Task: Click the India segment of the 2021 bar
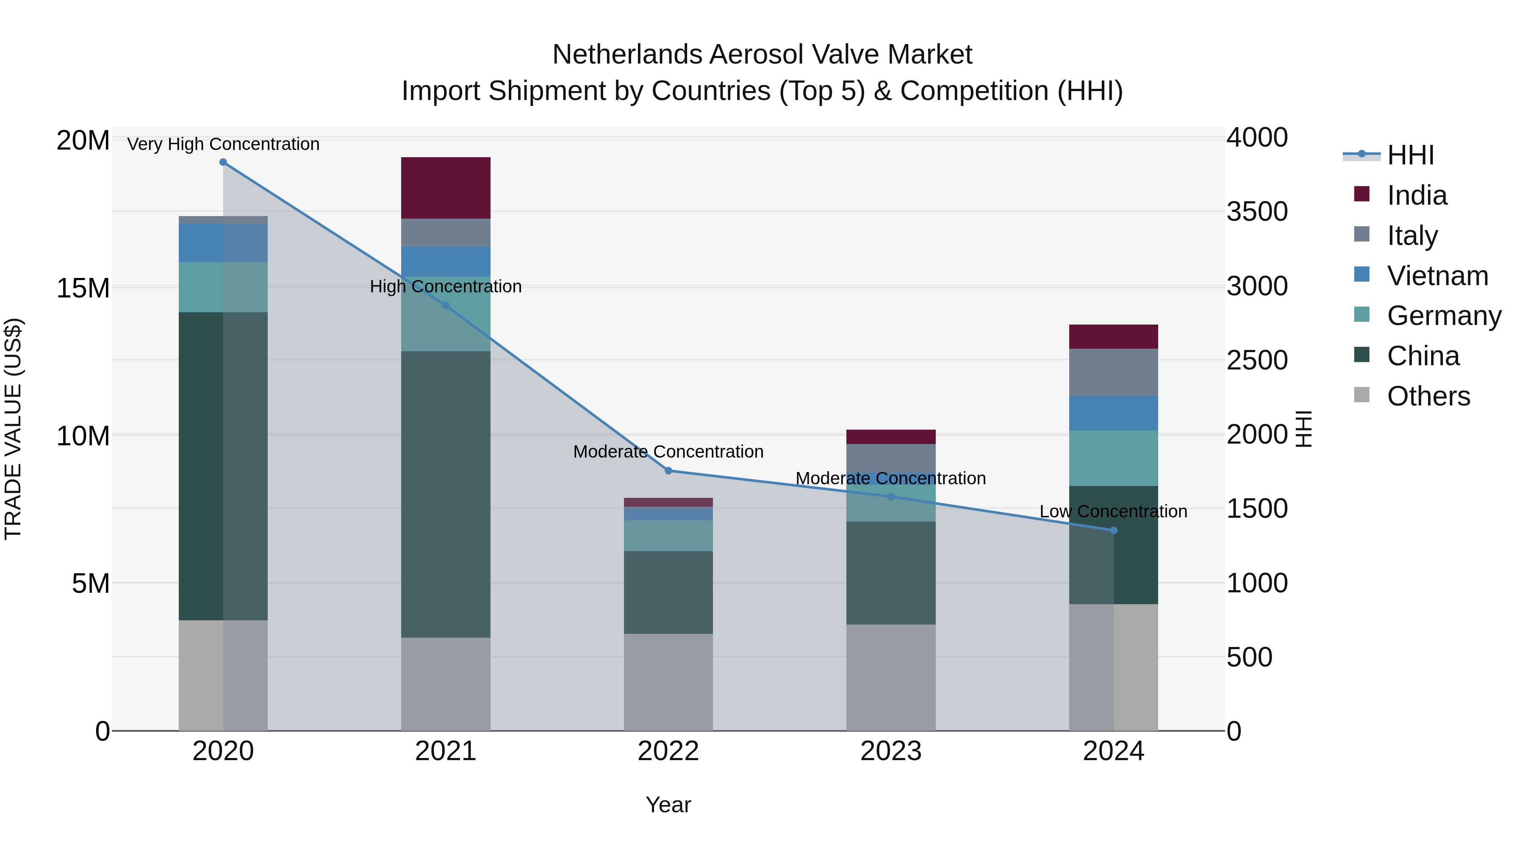click(445, 188)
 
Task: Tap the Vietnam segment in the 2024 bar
click(1113, 413)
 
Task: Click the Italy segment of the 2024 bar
click(1113, 372)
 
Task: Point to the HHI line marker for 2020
click(223, 162)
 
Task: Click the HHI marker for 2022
click(668, 471)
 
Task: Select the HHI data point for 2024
click(1114, 530)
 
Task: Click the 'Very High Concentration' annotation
click(223, 144)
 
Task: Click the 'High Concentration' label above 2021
click(445, 286)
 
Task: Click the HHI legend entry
click(1410, 155)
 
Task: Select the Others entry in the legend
click(1428, 396)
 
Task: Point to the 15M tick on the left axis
click(83, 289)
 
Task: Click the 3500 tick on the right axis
click(1256, 212)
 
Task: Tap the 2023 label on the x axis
click(890, 751)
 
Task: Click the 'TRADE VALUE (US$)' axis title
click(13, 429)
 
